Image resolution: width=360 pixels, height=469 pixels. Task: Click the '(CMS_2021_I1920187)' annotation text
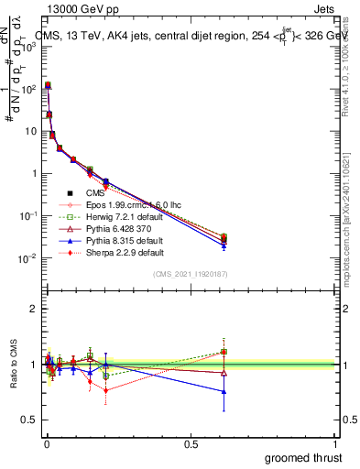click(x=191, y=273)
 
